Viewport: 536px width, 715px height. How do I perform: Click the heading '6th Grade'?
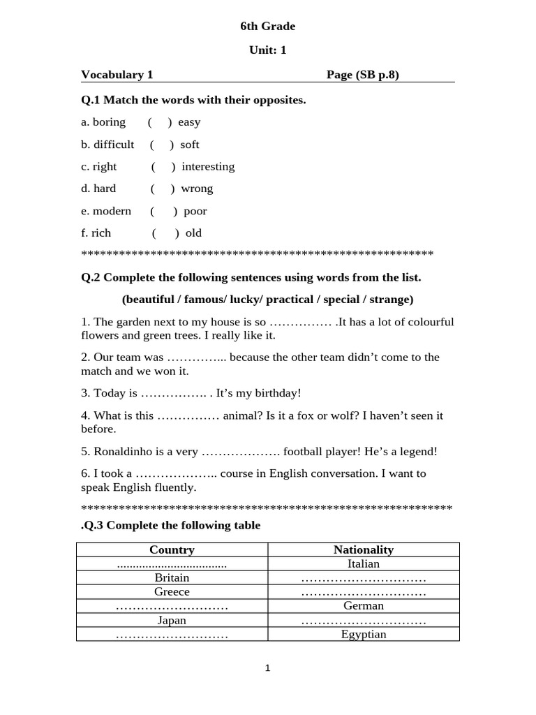pos(267,27)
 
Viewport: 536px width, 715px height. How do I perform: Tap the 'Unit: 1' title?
pos(267,50)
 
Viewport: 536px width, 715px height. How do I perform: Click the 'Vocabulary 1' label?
pos(117,75)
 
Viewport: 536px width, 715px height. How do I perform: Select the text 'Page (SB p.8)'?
pos(362,75)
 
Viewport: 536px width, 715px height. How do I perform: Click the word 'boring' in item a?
pos(109,122)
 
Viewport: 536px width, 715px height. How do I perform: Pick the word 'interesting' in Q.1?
pos(208,166)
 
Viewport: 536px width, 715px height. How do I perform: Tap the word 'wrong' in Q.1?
pos(197,189)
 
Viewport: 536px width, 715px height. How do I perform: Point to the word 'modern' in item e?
pos(112,211)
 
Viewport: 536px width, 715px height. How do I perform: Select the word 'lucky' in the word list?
pos(244,300)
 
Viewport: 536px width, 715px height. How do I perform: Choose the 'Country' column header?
pos(172,550)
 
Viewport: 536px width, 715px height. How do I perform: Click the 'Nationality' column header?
pos(364,550)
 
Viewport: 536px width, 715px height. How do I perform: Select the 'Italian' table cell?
pos(364,564)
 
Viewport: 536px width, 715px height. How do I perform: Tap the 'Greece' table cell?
pos(172,592)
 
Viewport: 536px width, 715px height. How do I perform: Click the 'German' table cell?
pos(364,606)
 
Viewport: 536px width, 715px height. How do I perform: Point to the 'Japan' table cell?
pos(172,620)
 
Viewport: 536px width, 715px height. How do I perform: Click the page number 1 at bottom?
pos(267,668)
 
